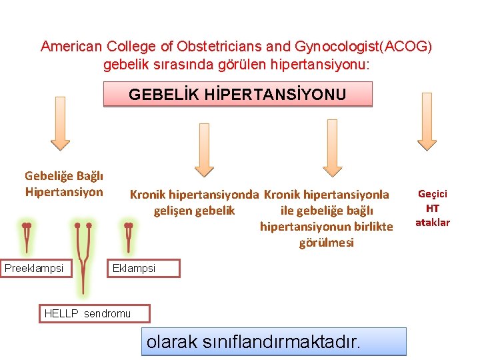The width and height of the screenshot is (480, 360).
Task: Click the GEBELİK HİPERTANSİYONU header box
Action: coord(237,95)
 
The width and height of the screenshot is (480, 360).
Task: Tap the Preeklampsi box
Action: coord(34,268)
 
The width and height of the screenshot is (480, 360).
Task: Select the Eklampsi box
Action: coord(144,268)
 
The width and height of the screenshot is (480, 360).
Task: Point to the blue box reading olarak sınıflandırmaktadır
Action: coord(273,341)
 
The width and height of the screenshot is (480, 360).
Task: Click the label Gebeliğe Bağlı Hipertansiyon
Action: coord(64,184)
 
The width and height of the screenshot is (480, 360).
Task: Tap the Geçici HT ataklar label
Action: coord(433,208)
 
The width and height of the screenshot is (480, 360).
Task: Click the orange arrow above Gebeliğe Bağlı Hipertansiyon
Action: coord(61,129)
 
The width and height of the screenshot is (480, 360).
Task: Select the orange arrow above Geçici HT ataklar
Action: coord(427,129)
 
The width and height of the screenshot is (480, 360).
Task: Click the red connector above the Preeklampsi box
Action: coord(27,237)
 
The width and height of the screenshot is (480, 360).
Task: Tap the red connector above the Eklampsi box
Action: coord(129,237)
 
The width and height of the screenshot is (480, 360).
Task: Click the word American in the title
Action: coord(70,47)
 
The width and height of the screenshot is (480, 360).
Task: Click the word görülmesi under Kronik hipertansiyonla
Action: coord(327,243)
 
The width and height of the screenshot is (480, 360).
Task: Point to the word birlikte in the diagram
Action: coord(370,227)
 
